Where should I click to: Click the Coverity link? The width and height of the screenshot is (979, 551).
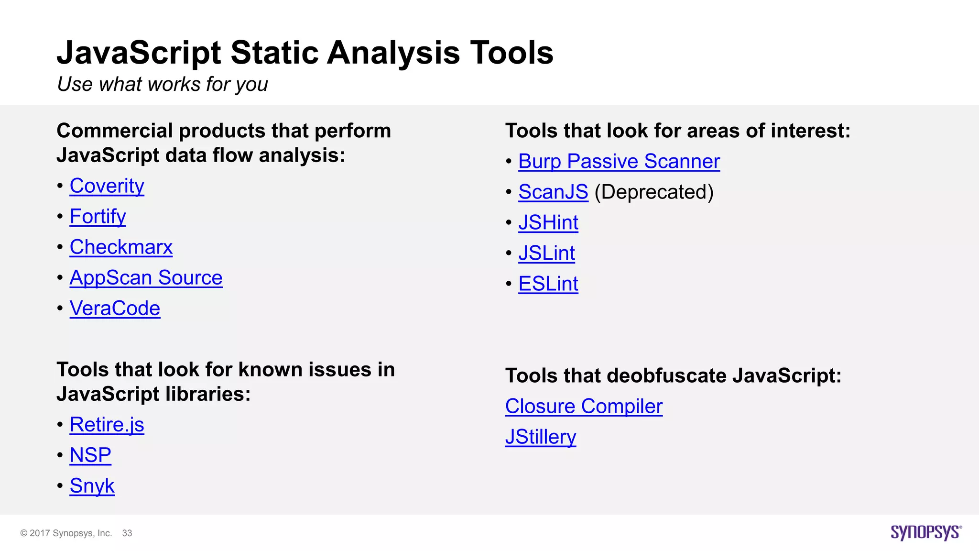click(107, 186)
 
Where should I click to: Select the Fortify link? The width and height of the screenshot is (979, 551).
click(98, 217)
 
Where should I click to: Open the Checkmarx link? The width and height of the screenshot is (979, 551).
click(121, 247)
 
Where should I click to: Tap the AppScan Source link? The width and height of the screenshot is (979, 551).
click(146, 278)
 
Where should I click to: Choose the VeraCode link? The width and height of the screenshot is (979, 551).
click(115, 309)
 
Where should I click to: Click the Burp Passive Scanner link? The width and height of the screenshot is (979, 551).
click(619, 162)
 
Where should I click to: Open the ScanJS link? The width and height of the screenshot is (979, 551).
click(553, 192)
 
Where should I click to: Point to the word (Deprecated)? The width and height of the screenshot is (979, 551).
click(653, 192)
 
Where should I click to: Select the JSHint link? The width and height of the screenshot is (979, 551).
click(548, 223)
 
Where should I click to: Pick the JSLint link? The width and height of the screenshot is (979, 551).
click(546, 253)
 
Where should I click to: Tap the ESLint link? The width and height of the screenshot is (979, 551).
click(548, 284)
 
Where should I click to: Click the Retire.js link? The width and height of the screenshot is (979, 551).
click(107, 425)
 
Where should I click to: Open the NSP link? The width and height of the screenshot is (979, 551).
click(90, 455)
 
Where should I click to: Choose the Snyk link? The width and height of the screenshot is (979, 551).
click(92, 486)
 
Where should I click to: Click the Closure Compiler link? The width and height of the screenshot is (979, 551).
click(584, 407)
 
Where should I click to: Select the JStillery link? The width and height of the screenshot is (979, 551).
click(540, 437)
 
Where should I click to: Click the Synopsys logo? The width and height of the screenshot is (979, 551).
click(925, 532)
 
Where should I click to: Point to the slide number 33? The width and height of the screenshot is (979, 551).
click(127, 533)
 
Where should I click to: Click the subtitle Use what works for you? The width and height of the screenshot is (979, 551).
click(163, 84)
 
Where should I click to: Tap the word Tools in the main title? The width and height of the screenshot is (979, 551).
click(511, 53)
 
